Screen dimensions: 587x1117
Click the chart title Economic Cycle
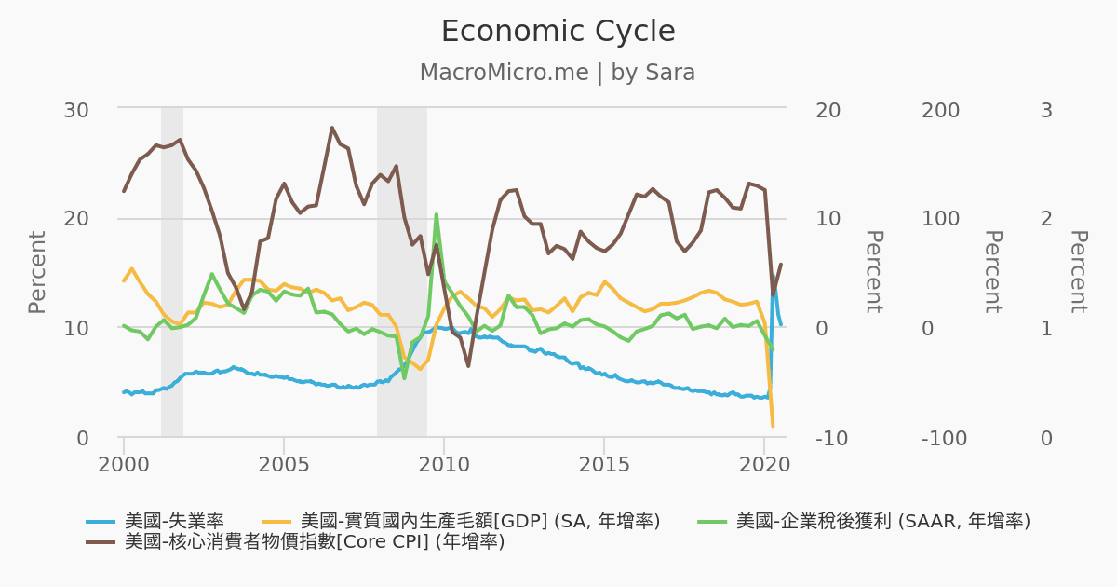(x=558, y=32)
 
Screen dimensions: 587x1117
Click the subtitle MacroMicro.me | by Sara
(x=558, y=73)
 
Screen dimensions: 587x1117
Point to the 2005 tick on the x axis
(x=283, y=463)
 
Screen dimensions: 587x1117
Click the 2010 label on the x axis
(x=444, y=463)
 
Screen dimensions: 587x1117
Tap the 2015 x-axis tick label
(x=604, y=463)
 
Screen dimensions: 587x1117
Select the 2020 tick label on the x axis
(x=764, y=463)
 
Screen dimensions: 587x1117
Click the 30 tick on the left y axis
(x=76, y=110)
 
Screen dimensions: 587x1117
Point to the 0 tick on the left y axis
(x=83, y=438)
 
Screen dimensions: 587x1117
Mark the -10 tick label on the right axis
(x=831, y=438)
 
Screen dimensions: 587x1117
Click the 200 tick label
(x=940, y=110)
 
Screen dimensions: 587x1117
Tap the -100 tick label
(x=944, y=438)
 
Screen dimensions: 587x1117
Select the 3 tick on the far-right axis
(x=1046, y=110)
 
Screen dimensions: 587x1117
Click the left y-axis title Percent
(x=37, y=272)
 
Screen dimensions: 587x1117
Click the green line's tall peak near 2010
(x=436, y=214)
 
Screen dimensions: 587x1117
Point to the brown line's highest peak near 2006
(x=331, y=128)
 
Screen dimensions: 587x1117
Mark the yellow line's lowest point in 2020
(x=773, y=426)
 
